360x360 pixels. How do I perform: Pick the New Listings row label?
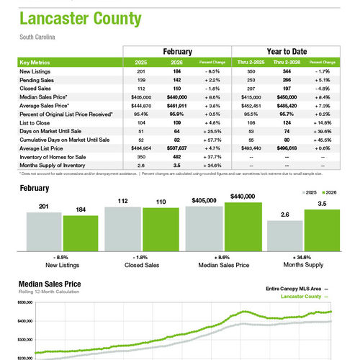click(35, 72)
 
